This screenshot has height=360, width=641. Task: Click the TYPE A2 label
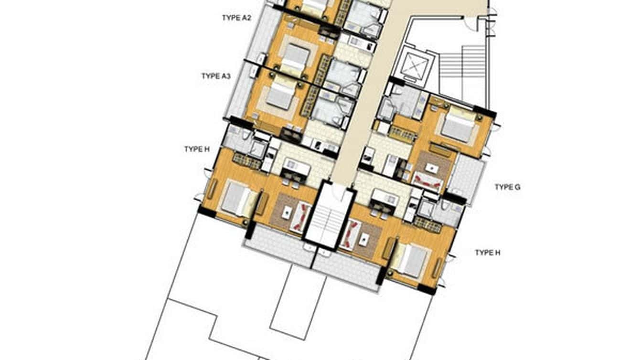pos(236,18)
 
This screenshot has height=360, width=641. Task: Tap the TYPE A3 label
pos(216,76)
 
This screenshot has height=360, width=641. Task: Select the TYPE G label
pos(507,187)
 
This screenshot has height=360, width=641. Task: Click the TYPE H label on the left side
pos(197,149)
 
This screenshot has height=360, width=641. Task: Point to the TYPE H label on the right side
pos(487,253)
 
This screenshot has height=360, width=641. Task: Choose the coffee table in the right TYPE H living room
pos(363,238)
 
